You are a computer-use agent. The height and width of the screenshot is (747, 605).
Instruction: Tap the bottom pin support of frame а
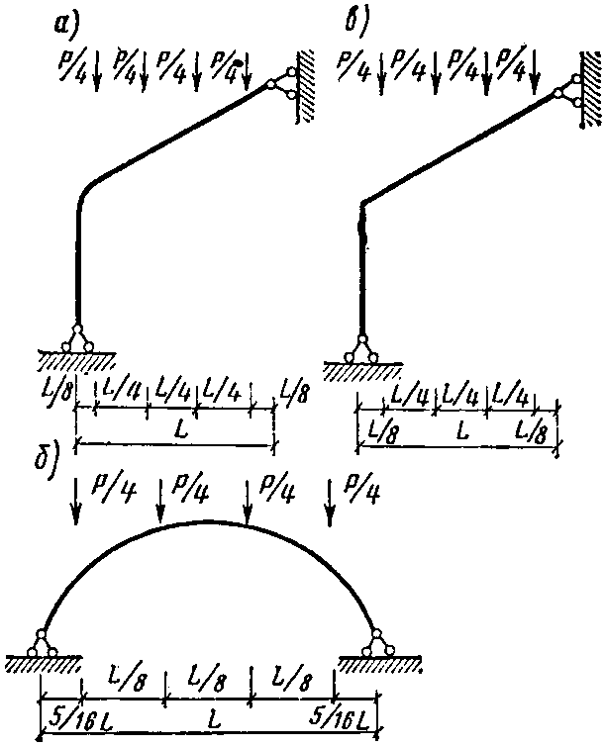click(77, 337)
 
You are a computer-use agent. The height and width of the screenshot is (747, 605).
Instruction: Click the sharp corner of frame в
click(362, 203)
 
